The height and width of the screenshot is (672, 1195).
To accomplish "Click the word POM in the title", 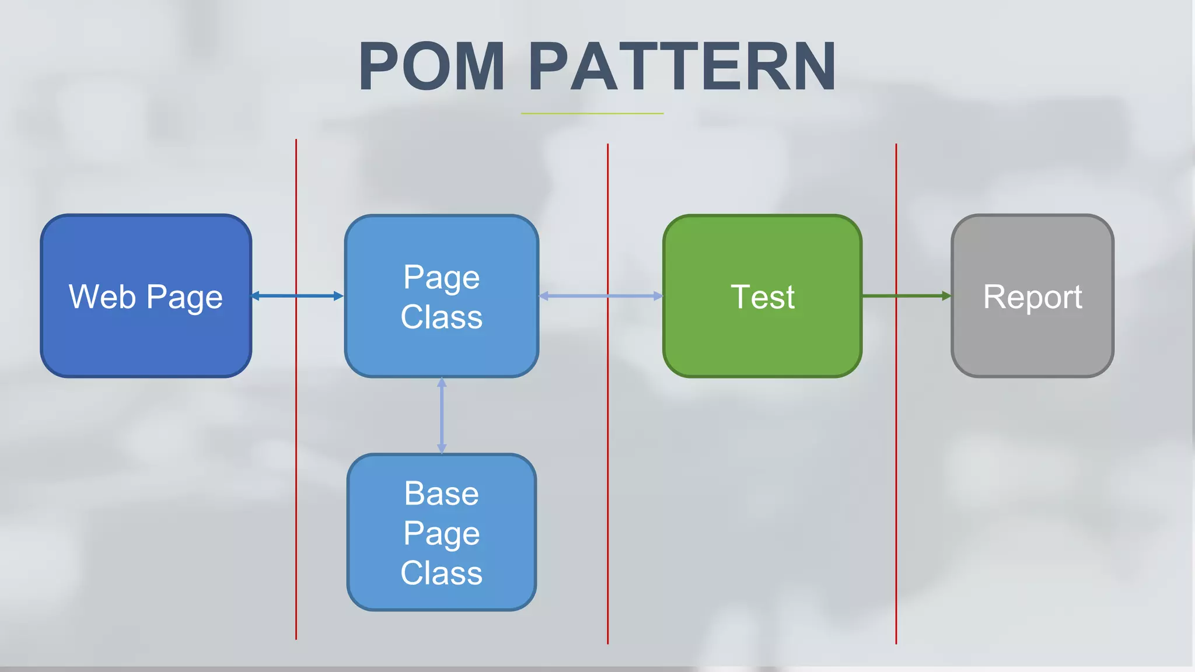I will [432, 66].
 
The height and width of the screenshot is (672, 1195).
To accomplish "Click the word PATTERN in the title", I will [682, 66].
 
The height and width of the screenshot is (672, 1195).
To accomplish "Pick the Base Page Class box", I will [442, 595].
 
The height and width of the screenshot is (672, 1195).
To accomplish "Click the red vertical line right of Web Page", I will [296, 467].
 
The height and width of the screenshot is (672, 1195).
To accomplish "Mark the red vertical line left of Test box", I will [607, 467].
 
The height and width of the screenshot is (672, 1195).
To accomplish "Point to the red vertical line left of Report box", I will [896, 467].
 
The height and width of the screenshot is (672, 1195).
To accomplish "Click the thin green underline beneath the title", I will [592, 113].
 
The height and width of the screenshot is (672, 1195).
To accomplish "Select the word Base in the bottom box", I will [442, 494].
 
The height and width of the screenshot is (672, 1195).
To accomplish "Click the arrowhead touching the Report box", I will [946, 296].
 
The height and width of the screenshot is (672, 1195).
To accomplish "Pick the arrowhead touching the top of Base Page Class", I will [442, 449].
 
